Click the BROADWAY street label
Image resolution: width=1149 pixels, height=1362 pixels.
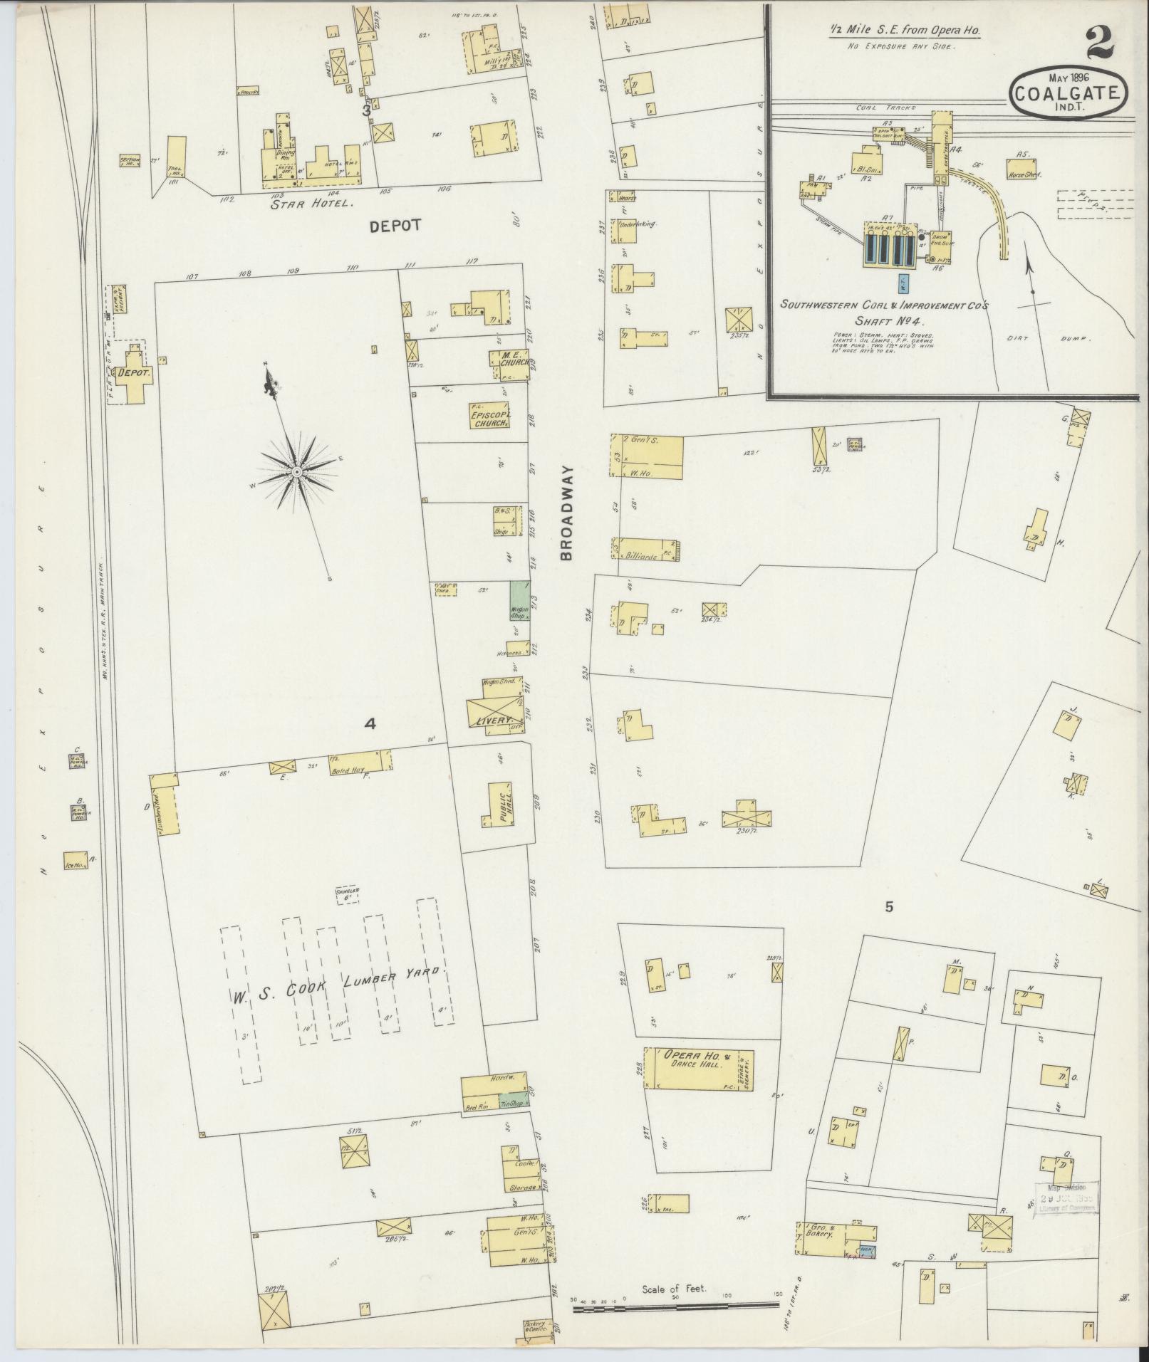pyautogui.click(x=566, y=513)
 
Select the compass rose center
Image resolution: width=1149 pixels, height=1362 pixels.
pyautogui.click(x=296, y=472)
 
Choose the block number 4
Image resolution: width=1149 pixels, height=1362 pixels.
pyautogui.click(x=370, y=724)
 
